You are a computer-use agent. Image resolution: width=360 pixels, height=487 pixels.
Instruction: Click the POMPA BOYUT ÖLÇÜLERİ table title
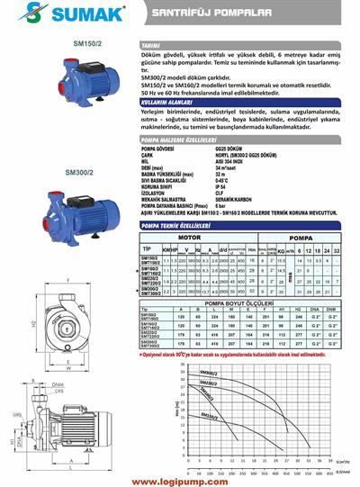point(242,305)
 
